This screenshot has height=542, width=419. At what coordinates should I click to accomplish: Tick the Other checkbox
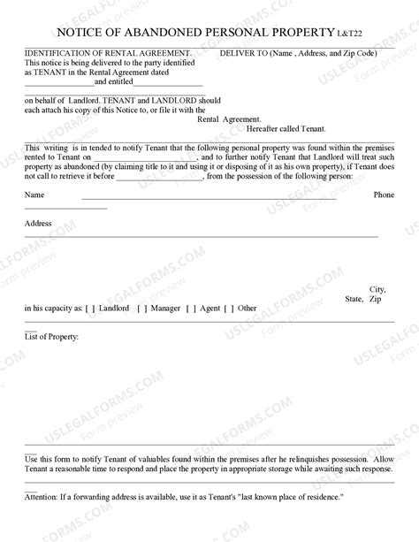coord(229,309)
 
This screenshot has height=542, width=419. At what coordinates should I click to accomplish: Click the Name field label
coord(34,194)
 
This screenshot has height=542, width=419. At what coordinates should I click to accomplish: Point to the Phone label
coord(384,194)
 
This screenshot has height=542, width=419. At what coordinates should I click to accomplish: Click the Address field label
coord(38,225)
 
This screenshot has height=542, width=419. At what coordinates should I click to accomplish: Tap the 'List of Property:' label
coord(52,337)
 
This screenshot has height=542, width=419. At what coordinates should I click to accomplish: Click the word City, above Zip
coord(377,289)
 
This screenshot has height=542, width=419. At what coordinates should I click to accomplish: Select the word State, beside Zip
coord(354,299)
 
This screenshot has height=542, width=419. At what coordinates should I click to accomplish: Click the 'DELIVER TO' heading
coord(242,52)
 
